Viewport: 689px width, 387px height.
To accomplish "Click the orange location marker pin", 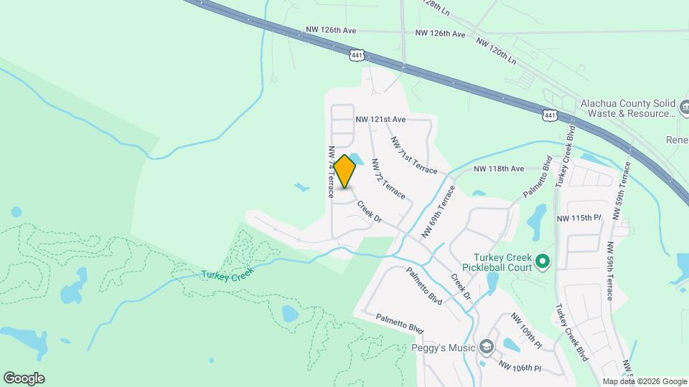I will (x=345, y=171).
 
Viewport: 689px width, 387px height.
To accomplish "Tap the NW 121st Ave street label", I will (x=380, y=119).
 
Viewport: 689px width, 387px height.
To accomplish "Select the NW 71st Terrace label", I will (x=413, y=154).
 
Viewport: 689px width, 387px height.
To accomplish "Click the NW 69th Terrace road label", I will (x=438, y=211).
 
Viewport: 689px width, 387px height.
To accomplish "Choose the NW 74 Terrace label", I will (x=332, y=173).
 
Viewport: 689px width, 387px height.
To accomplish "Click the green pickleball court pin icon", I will (x=543, y=262).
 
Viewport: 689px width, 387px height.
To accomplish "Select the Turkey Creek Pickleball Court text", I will (x=502, y=262).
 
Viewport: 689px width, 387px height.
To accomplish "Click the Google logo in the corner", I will (x=24, y=378).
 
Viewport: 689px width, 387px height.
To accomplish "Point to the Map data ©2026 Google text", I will (x=644, y=381).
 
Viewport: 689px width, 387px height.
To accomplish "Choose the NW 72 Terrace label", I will (x=388, y=178).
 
